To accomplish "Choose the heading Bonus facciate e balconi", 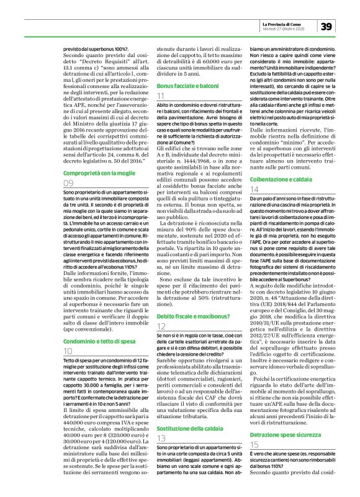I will (186, 83).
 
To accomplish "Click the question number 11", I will (160, 96).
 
